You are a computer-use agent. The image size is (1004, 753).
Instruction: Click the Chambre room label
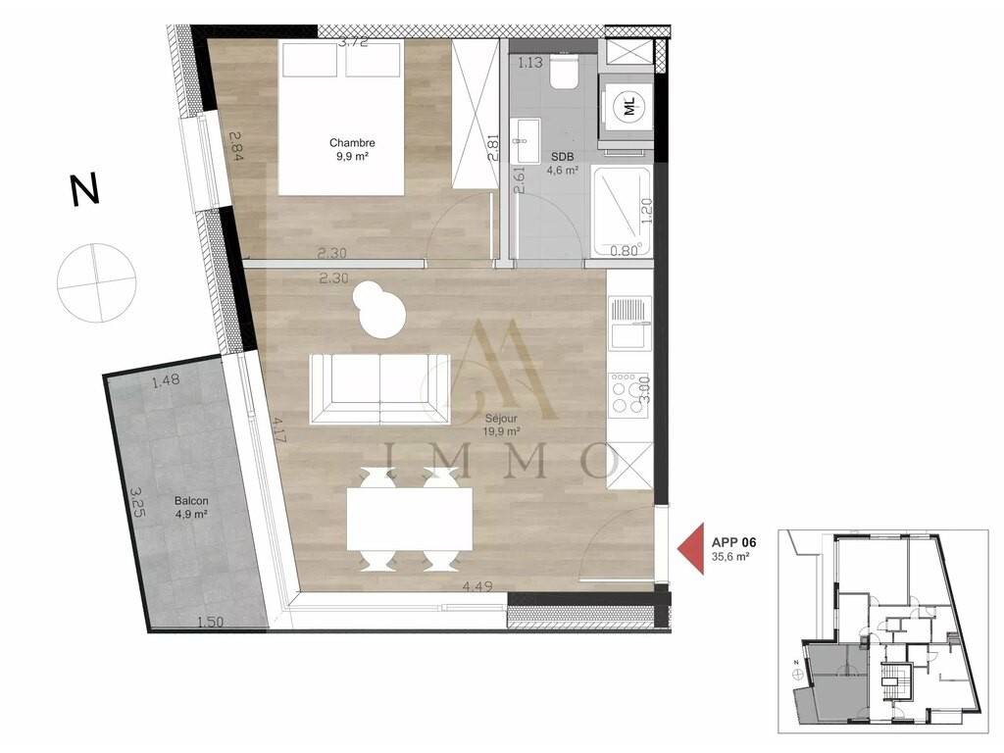(x=352, y=143)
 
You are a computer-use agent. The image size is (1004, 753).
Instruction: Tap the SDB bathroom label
(x=562, y=156)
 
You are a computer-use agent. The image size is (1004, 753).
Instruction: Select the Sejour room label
(x=501, y=419)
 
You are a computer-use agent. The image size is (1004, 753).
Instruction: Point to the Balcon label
(x=191, y=501)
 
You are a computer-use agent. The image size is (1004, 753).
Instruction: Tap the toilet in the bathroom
(x=565, y=71)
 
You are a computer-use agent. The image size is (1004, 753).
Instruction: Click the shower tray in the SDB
(x=622, y=211)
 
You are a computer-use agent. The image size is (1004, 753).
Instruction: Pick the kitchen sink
(x=630, y=324)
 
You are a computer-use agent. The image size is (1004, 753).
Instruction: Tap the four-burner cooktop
(x=630, y=393)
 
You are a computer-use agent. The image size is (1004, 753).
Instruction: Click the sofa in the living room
(x=379, y=388)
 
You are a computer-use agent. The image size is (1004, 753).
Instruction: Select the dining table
(x=410, y=520)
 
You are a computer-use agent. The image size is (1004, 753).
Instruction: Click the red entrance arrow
(x=691, y=548)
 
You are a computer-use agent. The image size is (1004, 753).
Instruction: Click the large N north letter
(x=85, y=189)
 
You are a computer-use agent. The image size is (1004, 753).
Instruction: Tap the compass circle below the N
(x=96, y=282)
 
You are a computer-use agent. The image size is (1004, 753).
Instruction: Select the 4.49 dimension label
(x=477, y=586)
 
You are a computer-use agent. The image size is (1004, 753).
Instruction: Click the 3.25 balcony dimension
(x=138, y=503)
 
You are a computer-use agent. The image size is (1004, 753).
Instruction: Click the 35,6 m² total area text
(x=730, y=557)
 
